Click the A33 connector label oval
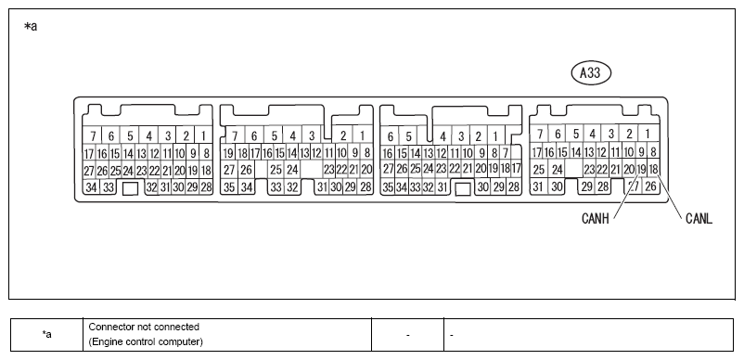[x=591, y=73]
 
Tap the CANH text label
[x=595, y=219]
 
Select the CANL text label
[x=699, y=219]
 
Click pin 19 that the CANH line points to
[x=641, y=168]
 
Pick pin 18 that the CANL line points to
[x=653, y=168]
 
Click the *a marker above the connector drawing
[x=31, y=27]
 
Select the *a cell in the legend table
[x=46, y=335]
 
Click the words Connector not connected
[x=144, y=327]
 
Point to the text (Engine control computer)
[x=147, y=341]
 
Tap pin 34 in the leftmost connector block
[x=91, y=187]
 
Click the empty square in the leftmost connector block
[x=130, y=188]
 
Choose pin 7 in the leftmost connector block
[x=93, y=135]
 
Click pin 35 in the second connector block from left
[x=230, y=187]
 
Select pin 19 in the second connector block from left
[x=229, y=153]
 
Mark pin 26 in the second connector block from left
[x=246, y=169]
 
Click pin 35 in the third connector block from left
[x=388, y=187]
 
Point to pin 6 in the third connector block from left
[x=390, y=136]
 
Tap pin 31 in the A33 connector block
[x=538, y=186]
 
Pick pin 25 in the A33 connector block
[x=539, y=169]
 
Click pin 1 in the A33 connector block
[x=647, y=134]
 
